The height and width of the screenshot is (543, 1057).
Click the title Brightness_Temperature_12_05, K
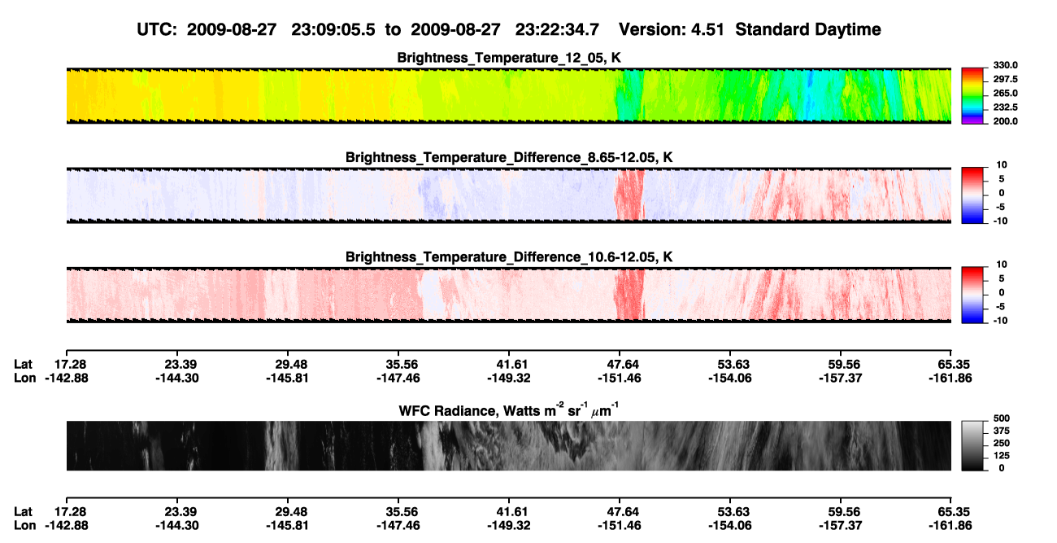coord(509,58)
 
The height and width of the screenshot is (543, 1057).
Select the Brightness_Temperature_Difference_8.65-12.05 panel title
coord(509,157)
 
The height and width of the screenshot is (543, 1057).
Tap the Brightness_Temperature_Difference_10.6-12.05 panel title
coord(509,257)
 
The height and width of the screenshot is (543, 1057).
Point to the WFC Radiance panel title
coord(509,409)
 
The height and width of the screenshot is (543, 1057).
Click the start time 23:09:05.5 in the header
coord(333,30)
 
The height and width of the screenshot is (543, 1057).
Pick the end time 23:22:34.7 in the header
coord(557,30)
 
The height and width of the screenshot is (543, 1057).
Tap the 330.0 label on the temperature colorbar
coord(1005,65)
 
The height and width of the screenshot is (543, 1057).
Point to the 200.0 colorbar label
coord(1005,121)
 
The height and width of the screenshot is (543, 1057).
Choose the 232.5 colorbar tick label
coord(1005,107)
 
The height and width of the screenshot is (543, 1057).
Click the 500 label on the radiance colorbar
coord(1002,418)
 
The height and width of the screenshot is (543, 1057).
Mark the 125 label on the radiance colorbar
coord(1002,456)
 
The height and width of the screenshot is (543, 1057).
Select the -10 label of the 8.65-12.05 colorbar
coord(1000,221)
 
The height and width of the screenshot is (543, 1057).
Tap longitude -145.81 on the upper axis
coord(287,378)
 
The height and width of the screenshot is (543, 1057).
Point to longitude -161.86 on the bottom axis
coord(950,526)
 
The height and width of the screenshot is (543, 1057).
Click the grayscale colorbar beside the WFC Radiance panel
coord(972,445)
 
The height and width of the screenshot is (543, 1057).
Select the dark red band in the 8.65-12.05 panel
coord(629,195)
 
